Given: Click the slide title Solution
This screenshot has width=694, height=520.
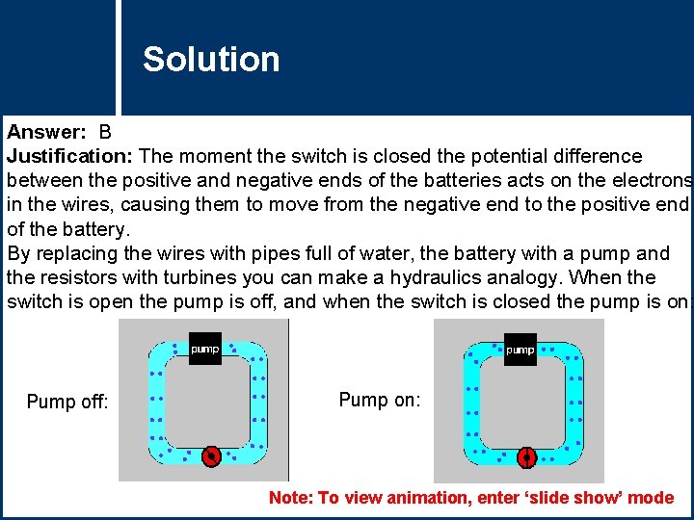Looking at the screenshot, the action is tap(211, 60).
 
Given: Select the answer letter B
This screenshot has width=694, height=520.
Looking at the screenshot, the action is tap(105, 131).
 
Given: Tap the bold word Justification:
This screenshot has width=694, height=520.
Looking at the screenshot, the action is tap(72, 156).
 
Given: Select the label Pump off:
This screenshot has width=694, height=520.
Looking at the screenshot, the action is tap(67, 402).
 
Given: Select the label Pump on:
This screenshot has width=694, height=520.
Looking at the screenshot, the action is tap(380, 400).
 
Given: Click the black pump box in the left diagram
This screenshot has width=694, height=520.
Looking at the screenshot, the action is tap(204, 349).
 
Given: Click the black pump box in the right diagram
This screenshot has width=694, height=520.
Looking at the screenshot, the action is tap(520, 350).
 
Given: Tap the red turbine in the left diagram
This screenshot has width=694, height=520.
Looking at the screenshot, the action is tap(212, 456).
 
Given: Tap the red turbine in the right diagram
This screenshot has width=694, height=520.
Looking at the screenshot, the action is tap(526, 457).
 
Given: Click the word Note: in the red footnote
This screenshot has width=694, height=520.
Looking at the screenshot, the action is tap(290, 498).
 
